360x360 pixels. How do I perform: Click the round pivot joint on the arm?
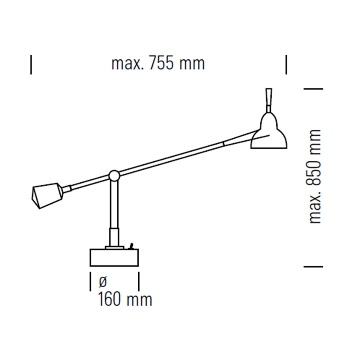click(x=114, y=176)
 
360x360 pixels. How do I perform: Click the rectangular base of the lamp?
click(x=114, y=258)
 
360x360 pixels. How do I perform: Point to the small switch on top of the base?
click(x=131, y=247)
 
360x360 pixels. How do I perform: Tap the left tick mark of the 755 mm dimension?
click(x=31, y=64)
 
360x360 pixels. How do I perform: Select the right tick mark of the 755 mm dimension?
click(x=286, y=64)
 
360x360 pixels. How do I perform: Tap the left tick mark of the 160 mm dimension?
click(x=90, y=281)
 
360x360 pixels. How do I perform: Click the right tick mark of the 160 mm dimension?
click(x=139, y=281)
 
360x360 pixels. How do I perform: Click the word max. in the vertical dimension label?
click(x=315, y=211)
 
